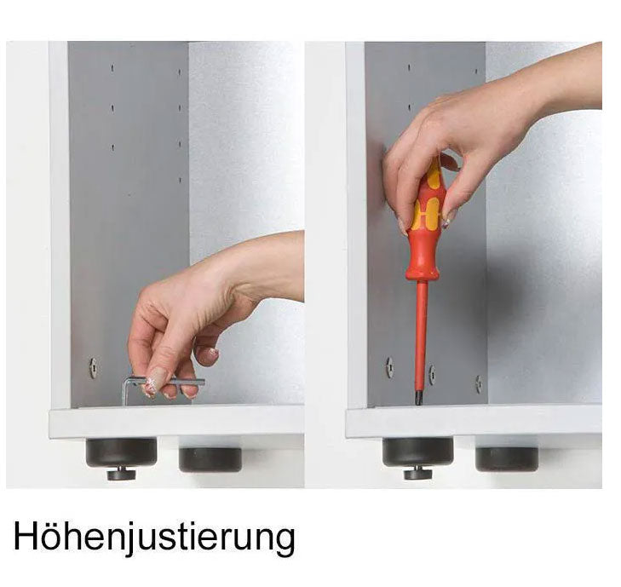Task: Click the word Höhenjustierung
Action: click(x=154, y=536)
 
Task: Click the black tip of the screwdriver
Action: click(x=418, y=398)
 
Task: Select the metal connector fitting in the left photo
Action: click(x=94, y=368)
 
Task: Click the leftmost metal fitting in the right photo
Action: click(x=389, y=367)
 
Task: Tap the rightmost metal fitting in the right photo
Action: click(x=480, y=383)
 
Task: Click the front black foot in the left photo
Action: click(x=122, y=452)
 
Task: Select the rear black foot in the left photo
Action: click(x=210, y=459)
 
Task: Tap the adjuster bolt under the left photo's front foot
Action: click(x=121, y=474)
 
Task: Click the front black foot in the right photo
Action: click(x=417, y=452)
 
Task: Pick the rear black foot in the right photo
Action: click(x=507, y=459)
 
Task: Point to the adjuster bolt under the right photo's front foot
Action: click(x=418, y=473)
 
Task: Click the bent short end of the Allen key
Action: click(x=125, y=392)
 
